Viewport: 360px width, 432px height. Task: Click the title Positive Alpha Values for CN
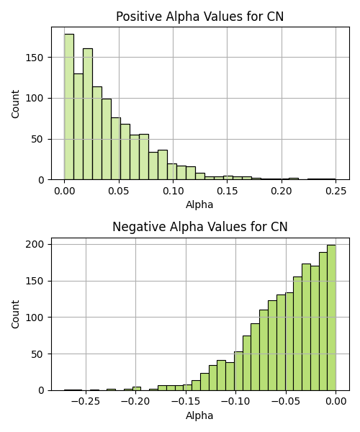(199, 17)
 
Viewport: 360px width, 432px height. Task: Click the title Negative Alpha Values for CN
(200, 227)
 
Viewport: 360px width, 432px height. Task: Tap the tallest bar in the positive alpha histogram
(69, 107)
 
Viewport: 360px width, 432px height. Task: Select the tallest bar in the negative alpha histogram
(331, 318)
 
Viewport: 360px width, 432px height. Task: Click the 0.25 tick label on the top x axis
(336, 191)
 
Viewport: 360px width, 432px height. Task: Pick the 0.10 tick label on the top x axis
(174, 191)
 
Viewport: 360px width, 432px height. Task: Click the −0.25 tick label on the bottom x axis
(86, 401)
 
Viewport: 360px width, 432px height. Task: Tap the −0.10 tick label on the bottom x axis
(235, 401)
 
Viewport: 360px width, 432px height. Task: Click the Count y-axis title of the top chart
(15, 104)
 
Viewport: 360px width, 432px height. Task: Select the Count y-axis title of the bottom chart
(15, 315)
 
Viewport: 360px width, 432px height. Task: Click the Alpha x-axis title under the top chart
(199, 204)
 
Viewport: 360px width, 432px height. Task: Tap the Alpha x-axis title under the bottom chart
(199, 415)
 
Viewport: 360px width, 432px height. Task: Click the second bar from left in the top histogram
(78, 127)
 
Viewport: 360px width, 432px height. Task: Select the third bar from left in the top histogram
(88, 114)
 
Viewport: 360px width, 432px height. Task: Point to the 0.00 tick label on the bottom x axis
(336, 401)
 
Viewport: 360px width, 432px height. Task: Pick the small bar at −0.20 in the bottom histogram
(137, 389)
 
